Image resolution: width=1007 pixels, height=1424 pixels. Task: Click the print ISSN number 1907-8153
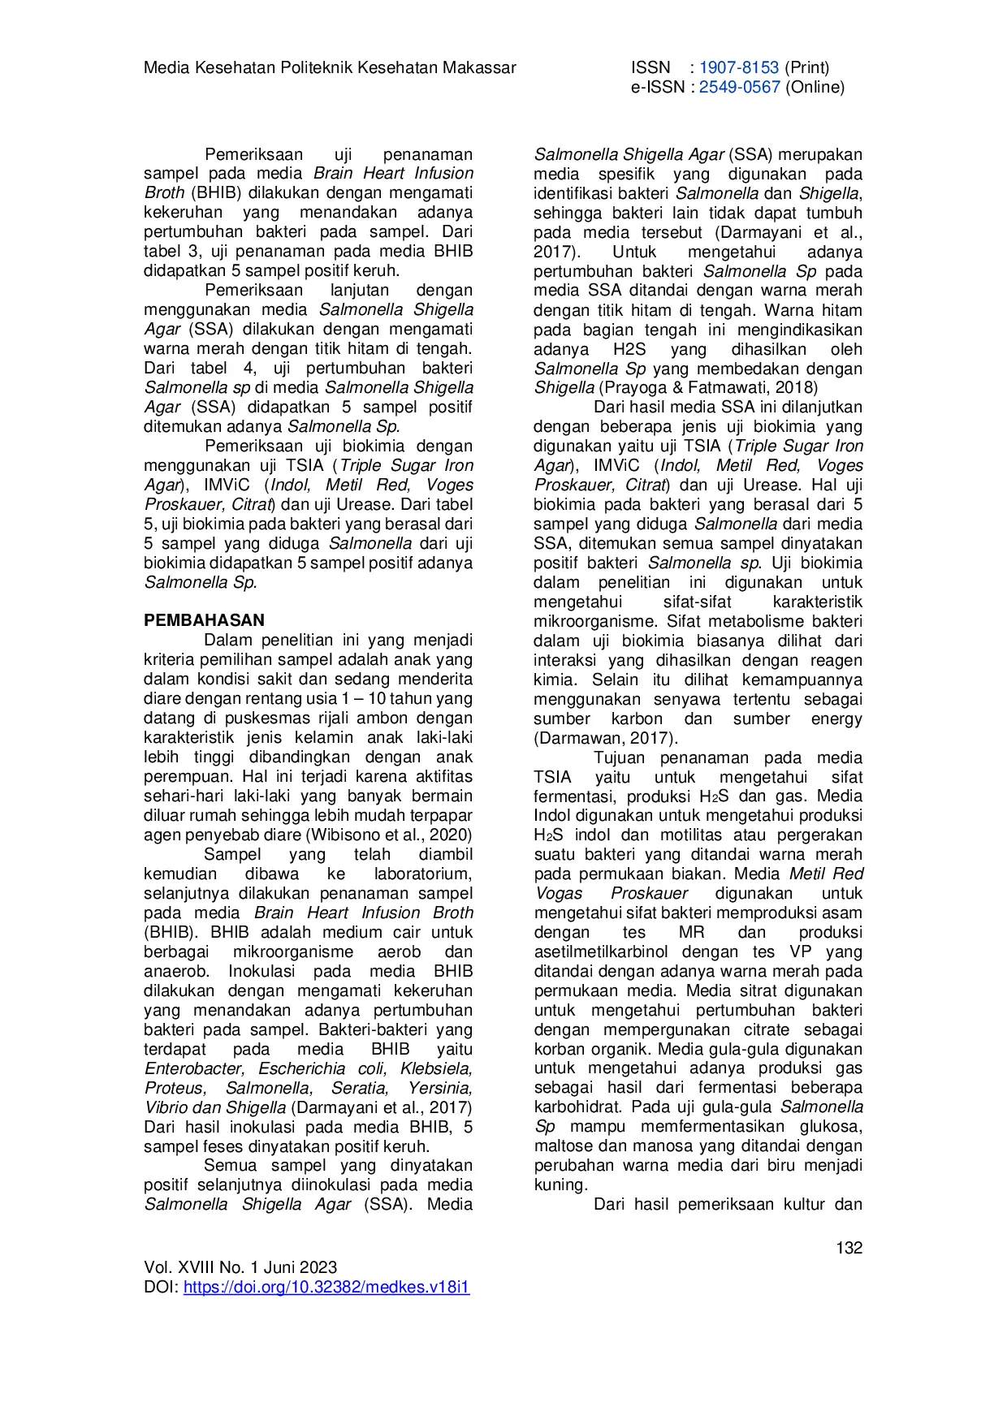pos(738,67)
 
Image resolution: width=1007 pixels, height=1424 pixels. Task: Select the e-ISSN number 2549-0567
pos(739,87)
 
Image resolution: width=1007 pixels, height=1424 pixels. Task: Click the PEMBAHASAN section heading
pos(204,620)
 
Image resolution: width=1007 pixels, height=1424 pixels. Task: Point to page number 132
pos(849,1248)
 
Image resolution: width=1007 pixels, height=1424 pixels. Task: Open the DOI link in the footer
pos(326,1287)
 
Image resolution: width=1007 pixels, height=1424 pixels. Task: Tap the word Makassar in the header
pos(479,67)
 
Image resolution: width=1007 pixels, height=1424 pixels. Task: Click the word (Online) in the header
pos(815,87)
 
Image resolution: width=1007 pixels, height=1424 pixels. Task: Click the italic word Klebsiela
pos(436,1068)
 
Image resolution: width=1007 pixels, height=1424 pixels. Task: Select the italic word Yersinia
pos(440,1088)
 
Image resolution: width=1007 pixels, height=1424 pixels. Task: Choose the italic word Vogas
pos(560,893)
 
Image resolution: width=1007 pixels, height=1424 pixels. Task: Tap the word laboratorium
pos(421,874)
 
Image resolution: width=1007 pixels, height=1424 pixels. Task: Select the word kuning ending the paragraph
pos(559,1185)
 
